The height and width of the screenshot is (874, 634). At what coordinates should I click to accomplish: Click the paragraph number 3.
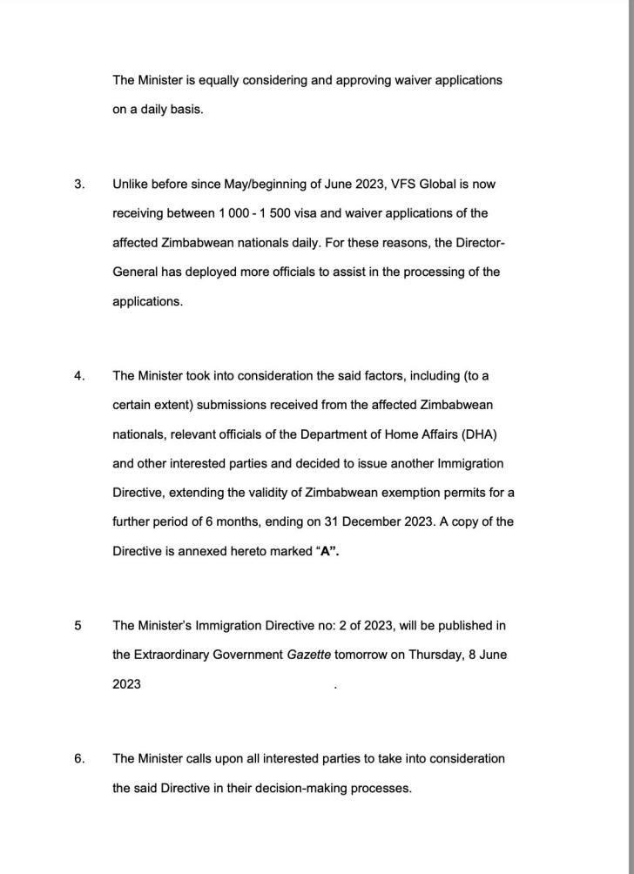click(79, 185)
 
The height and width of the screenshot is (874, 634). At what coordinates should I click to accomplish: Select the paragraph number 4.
click(79, 376)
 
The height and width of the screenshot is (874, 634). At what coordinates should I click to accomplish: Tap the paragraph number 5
click(78, 626)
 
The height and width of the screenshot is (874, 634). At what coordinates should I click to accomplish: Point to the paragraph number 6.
click(79, 759)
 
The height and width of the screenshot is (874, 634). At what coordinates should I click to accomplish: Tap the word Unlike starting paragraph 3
click(131, 185)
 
